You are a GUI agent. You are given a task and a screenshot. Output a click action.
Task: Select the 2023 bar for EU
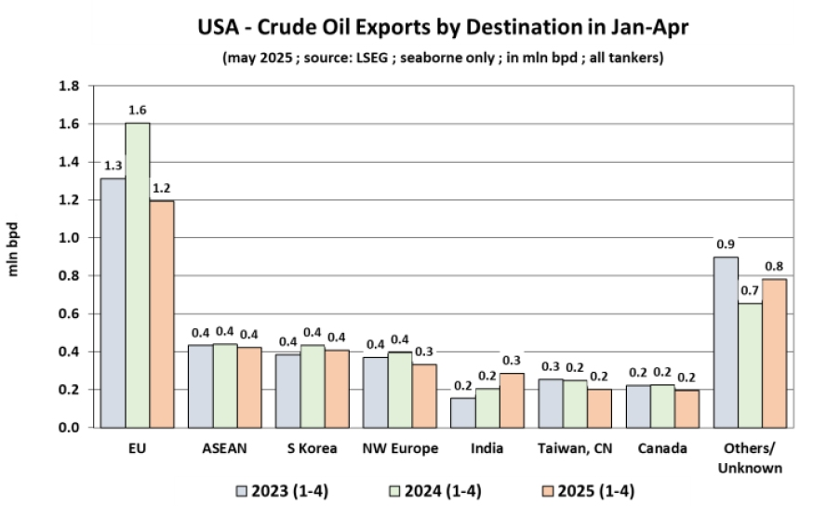pos(113,302)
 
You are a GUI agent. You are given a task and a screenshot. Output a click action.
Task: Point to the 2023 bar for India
pos(462,413)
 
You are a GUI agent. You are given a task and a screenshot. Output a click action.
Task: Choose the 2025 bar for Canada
pos(687,409)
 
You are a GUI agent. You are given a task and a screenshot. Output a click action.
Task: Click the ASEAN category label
pos(225,448)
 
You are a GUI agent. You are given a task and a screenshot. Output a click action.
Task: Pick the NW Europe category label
pos(400,448)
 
